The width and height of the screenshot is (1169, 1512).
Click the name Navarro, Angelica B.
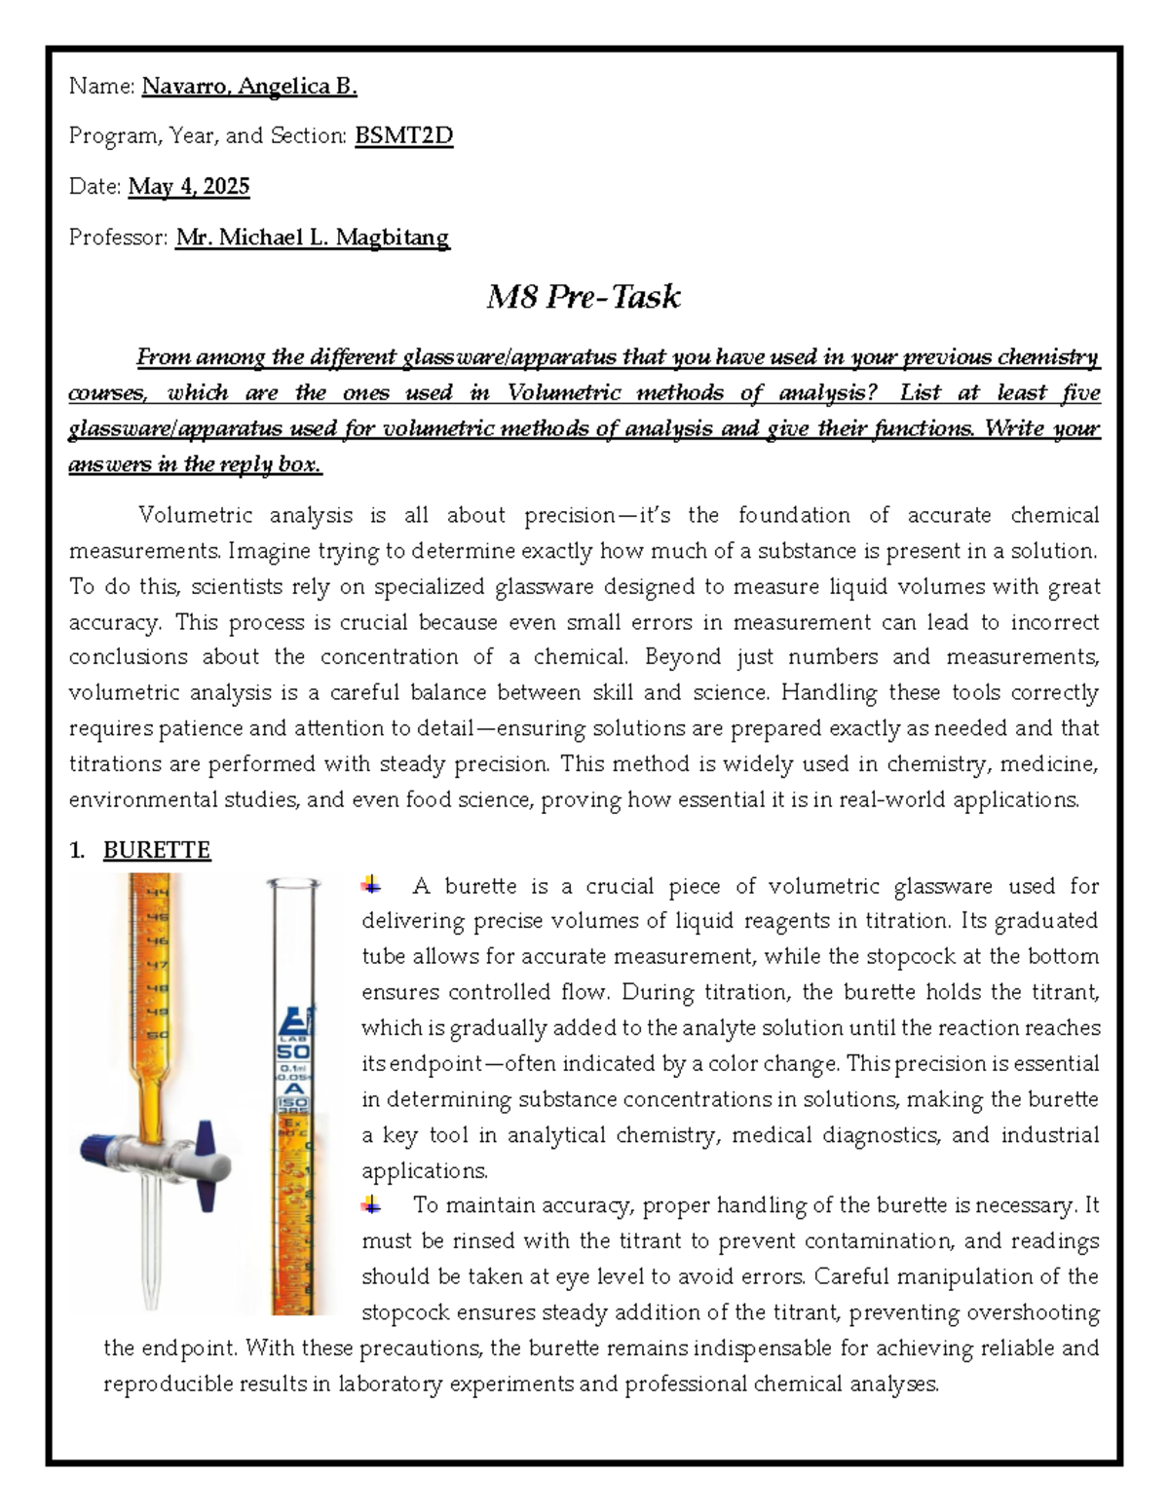coord(249,87)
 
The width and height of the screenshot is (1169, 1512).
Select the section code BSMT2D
coord(403,136)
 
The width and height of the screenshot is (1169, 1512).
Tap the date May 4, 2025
coord(189,187)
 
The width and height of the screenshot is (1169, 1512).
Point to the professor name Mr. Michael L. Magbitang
coord(312,238)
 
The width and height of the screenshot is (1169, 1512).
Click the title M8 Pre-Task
coord(583,297)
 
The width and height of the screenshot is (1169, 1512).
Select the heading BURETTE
coord(157,851)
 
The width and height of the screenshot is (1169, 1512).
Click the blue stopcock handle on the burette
coord(206,1164)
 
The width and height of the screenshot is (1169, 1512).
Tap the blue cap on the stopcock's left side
coord(98,1148)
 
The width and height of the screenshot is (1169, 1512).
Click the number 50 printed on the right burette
coord(293,1052)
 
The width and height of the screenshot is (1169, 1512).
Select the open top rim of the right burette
coord(293,884)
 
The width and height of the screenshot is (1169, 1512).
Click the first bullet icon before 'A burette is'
coord(371,885)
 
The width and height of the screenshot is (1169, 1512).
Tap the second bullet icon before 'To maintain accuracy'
coord(371,1205)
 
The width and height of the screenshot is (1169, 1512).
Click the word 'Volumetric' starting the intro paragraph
coord(195,515)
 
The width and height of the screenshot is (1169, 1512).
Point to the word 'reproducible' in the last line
coord(161,1383)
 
